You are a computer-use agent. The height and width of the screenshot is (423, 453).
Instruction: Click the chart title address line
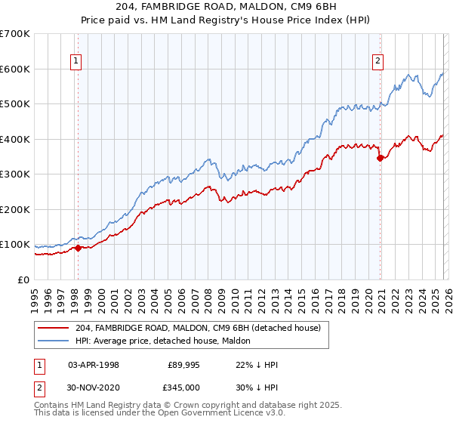[226, 7]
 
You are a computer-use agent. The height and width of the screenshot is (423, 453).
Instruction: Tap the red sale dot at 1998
[77, 248]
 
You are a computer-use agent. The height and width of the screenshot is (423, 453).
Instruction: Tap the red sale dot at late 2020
[380, 159]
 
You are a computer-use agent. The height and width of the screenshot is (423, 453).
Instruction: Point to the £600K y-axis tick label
[15, 69]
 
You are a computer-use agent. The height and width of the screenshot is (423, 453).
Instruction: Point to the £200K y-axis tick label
[15, 209]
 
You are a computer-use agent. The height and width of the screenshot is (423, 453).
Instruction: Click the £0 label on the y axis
[23, 279]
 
